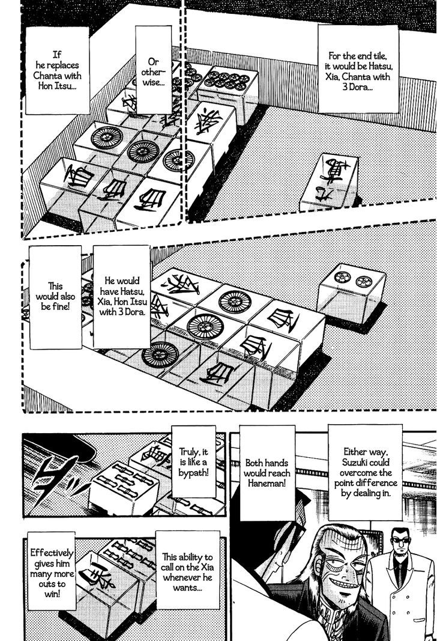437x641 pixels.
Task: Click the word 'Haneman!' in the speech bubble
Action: pyautogui.click(x=267, y=492)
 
